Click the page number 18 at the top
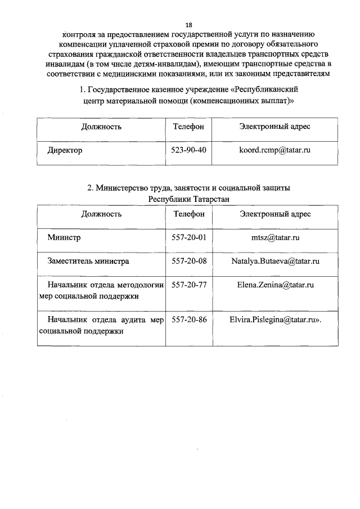pyautogui.click(x=188, y=25)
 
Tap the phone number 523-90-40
pyautogui.click(x=188, y=151)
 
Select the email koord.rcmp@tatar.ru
pyautogui.click(x=275, y=151)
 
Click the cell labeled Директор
pyautogui.click(x=65, y=151)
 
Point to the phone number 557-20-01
pyautogui.click(x=188, y=237)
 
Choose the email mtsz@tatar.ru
pyautogui.click(x=275, y=237)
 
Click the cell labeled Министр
pyautogui.click(x=64, y=237)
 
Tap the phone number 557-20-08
pyautogui.click(x=188, y=261)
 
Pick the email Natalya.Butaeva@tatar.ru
pyautogui.click(x=275, y=261)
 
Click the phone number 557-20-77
pyautogui.click(x=188, y=285)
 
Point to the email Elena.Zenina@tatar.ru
pyautogui.click(x=275, y=285)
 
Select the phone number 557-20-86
pyautogui.click(x=188, y=319)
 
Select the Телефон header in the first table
pyautogui.click(x=188, y=127)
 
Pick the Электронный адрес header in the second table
pyautogui.click(x=275, y=214)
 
